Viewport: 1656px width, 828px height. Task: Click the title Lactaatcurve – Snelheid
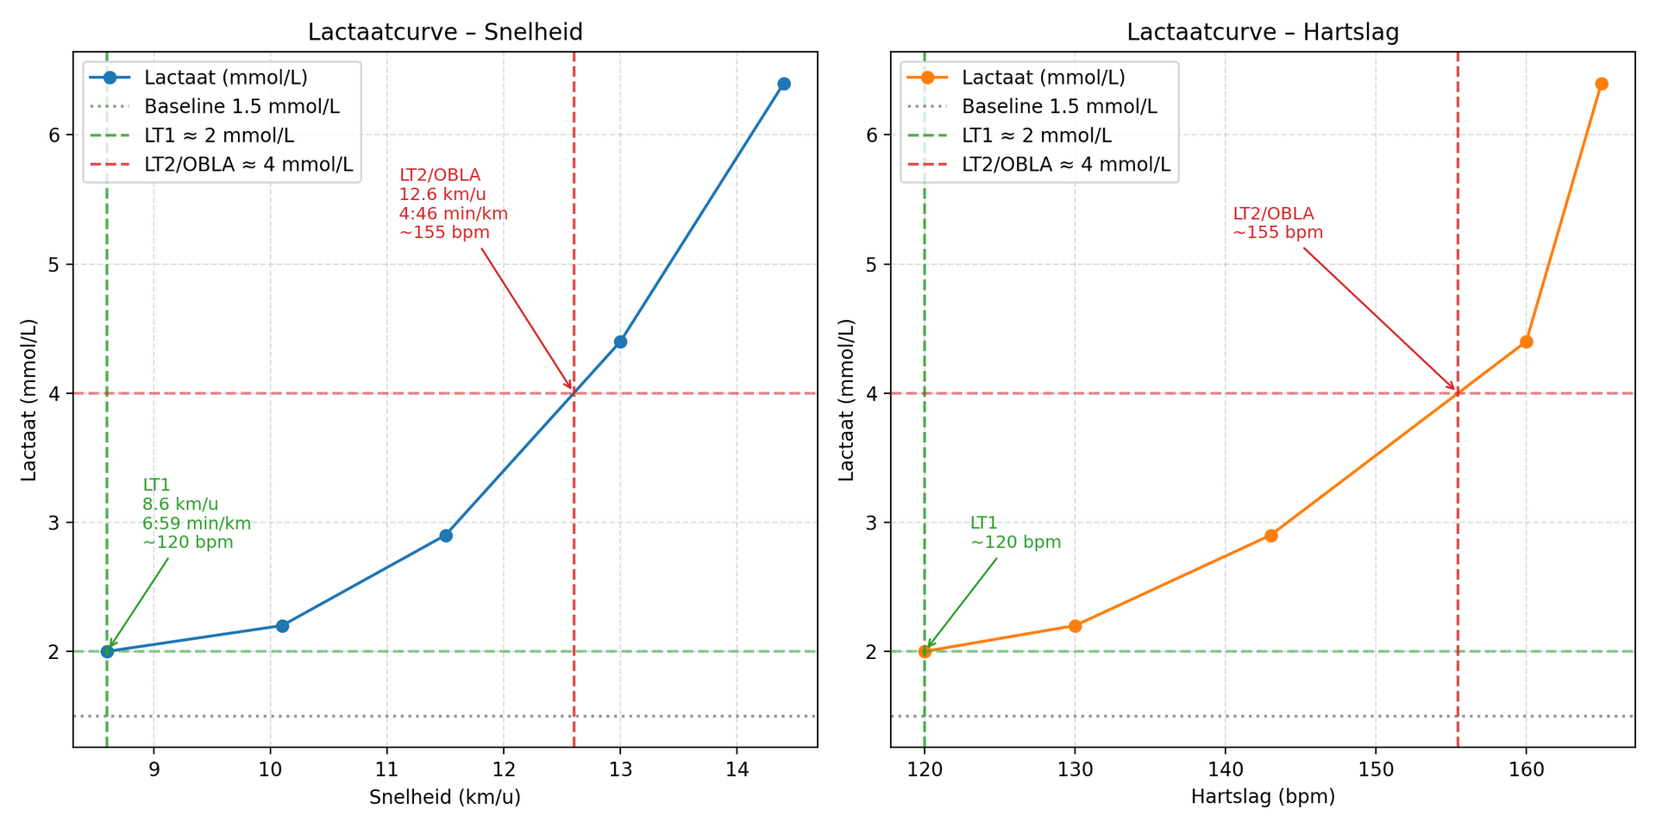point(445,33)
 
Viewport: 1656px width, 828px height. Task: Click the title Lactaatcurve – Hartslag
point(1263,33)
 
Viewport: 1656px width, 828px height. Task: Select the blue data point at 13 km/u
point(620,342)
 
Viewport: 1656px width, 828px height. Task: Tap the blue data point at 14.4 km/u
point(783,84)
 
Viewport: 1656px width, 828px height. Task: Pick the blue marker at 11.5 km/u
point(446,536)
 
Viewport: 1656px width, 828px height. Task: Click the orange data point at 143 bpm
point(1270,536)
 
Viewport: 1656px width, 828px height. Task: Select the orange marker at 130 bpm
point(1075,625)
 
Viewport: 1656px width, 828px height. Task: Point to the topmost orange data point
point(1602,84)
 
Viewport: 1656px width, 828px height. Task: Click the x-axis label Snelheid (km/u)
point(445,798)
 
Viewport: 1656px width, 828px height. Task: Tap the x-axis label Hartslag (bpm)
point(1263,798)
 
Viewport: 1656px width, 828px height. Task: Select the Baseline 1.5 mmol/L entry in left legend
point(241,107)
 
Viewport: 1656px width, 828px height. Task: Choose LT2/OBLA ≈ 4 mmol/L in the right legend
point(1066,165)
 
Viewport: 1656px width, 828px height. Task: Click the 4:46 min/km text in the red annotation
point(454,213)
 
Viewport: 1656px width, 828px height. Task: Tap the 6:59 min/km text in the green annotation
point(197,524)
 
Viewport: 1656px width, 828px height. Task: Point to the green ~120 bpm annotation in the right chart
point(1015,543)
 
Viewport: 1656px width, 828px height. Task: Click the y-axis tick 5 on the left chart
point(53,264)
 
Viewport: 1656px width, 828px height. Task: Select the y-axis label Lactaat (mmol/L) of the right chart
point(847,398)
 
